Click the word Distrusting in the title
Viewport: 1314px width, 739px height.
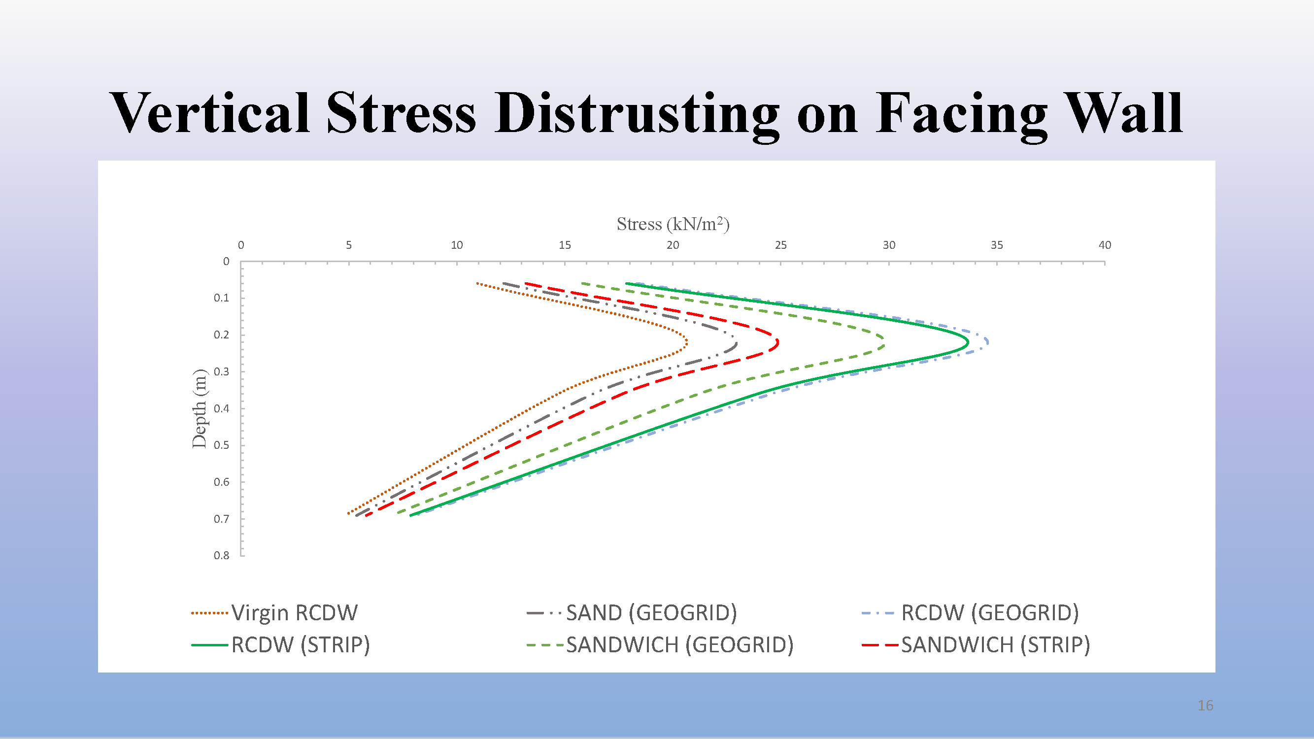coord(637,115)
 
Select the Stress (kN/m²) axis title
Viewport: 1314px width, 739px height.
coord(673,224)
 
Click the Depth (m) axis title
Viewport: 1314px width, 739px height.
coord(199,408)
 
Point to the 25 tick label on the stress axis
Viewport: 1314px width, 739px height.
coord(780,245)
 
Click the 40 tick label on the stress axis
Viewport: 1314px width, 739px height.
coord(1104,245)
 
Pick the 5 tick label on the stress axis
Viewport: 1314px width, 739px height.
coord(349,245)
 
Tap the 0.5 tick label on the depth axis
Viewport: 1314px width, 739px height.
coord(221,445)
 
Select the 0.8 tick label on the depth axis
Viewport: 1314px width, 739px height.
coord(221,555)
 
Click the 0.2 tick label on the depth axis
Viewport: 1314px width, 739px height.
coord(221,335)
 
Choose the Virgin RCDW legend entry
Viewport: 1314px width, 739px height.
coord(274,613)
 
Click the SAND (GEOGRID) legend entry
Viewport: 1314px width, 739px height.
coord(632,613)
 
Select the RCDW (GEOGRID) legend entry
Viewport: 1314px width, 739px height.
coord(970,613)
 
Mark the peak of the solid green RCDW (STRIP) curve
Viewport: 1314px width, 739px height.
coord(968,343)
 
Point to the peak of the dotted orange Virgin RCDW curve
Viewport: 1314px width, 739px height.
coord(687,343)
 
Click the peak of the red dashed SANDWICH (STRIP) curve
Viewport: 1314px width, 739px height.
coord(778,343)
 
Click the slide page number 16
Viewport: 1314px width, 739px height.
coord(1205,706)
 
